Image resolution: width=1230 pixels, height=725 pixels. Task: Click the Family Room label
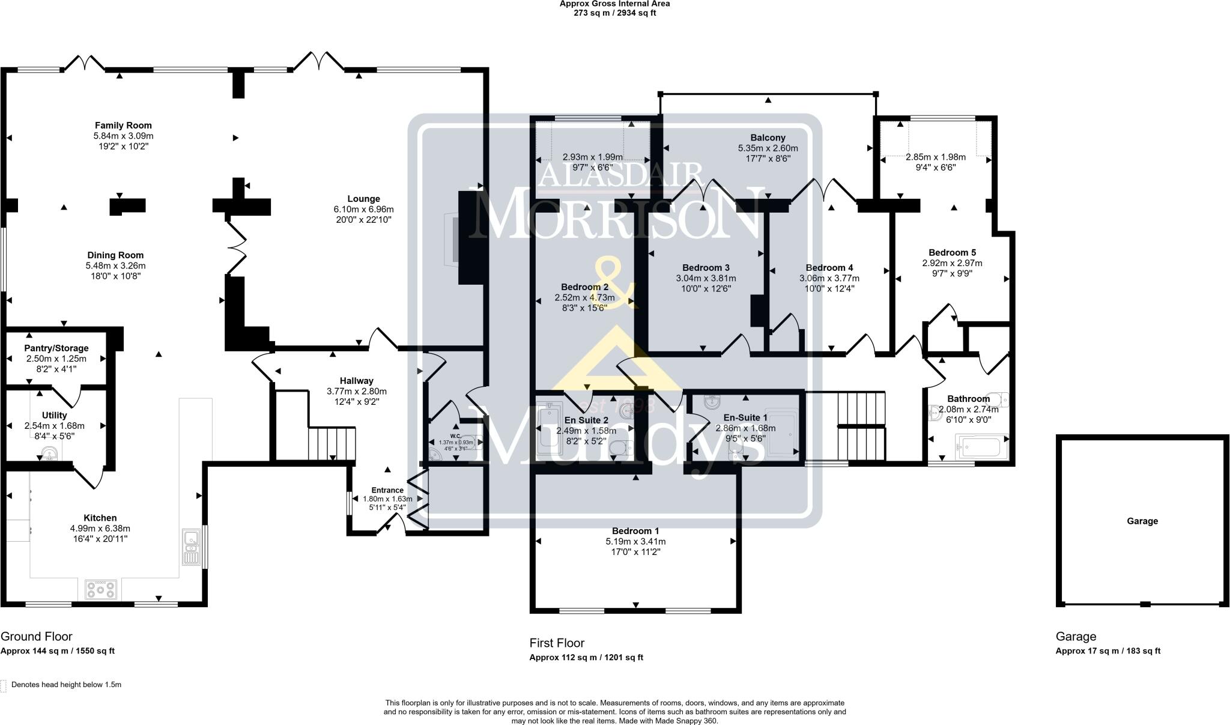point(123,126)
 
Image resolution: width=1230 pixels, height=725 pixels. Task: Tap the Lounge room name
point(363,199)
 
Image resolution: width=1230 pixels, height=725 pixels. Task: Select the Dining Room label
point(115,255)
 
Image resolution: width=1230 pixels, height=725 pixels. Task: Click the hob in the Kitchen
point(101,589)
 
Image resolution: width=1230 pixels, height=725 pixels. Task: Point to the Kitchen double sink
point(192,547)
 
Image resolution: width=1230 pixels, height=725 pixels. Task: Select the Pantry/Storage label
point(56,348)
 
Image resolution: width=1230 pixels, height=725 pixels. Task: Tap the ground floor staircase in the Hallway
point(332,443)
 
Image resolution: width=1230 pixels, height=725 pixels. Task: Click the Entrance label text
point(387,490)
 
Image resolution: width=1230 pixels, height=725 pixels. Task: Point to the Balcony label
point(768,138)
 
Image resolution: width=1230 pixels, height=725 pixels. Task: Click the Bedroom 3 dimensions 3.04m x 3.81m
point(706,278)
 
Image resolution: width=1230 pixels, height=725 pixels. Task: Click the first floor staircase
point(861,425)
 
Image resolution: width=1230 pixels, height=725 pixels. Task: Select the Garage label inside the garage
point(1142,521)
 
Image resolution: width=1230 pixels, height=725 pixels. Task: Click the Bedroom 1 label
point(635,531)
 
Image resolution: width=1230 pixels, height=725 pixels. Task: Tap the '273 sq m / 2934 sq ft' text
point(614,13)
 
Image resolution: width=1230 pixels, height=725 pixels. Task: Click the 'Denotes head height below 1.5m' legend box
point(4,685)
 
